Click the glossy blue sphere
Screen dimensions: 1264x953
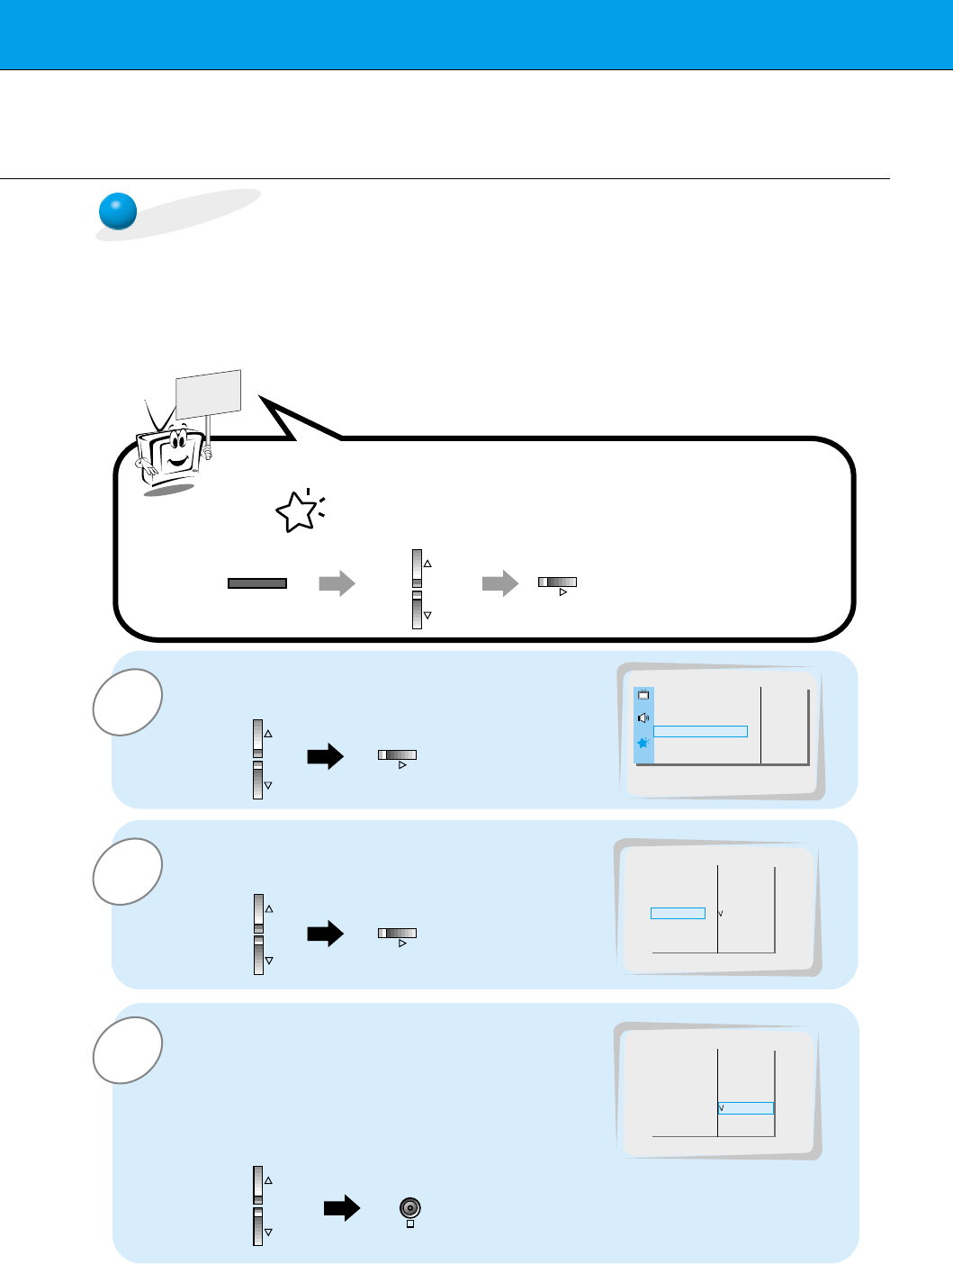(x=117, y=212)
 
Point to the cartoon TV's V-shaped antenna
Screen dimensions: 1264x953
(x=158, y=416)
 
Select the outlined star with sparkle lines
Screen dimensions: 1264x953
(x=298, y=511)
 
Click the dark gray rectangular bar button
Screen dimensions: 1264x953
(x=257, y=583)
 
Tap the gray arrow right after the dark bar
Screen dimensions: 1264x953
(x=337, y=583)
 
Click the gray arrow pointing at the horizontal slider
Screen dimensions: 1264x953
(x=500, y=583)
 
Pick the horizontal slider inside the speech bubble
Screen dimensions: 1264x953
(x=557, y=582)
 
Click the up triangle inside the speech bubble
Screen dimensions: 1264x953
(x=427, y=564)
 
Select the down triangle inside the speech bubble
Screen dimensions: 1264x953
(x=427, y=615)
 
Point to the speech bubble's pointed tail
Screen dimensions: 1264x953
(x=279, y=415)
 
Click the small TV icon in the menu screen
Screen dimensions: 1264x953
(x=643, y=695)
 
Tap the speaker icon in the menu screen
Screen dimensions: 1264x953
(x=643, y=718)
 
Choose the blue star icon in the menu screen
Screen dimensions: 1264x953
(x=643, y=743)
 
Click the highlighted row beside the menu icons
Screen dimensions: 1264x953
(x=700, y=731)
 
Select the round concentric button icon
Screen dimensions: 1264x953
(x=410, y=1207)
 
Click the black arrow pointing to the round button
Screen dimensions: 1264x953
(x=341, y=1208)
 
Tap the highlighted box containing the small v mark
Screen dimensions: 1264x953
(x=746, y=1108)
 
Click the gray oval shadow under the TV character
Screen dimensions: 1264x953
(x=169, y=489)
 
